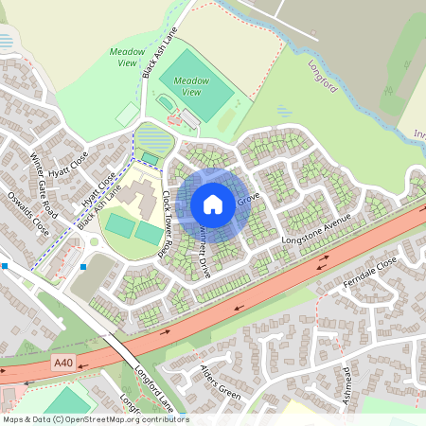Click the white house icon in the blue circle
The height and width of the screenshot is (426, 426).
click(x=213, y=204)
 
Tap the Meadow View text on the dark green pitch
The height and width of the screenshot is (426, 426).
click(x=191, y=87)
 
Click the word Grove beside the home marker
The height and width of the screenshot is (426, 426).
click(x=248, y=201)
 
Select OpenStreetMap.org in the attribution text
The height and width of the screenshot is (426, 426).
click(x=104, y=418)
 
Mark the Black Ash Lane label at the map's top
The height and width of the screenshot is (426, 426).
click(x=158, y=58)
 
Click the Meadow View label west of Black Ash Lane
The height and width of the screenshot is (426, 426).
click(x=128, y=57)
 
